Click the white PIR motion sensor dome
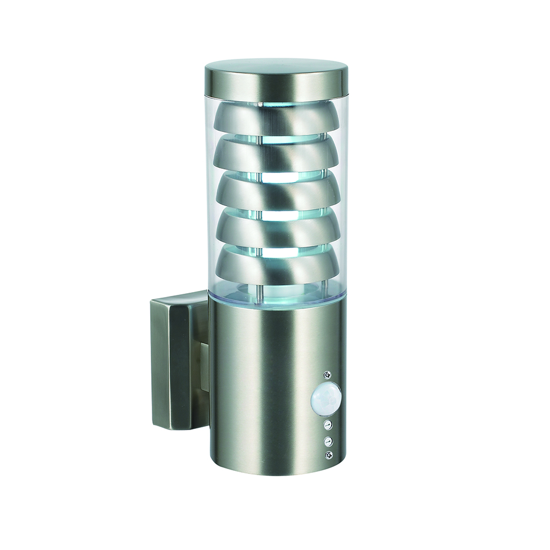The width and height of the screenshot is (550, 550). click(326, 398)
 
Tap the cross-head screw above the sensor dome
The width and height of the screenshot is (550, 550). click(328, 375)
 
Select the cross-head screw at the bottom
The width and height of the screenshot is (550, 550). click(329, 455)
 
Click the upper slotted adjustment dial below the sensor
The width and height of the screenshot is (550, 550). click(328, 425)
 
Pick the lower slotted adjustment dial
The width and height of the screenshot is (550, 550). click(328, 441)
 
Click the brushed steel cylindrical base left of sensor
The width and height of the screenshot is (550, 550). click(258, 396)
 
